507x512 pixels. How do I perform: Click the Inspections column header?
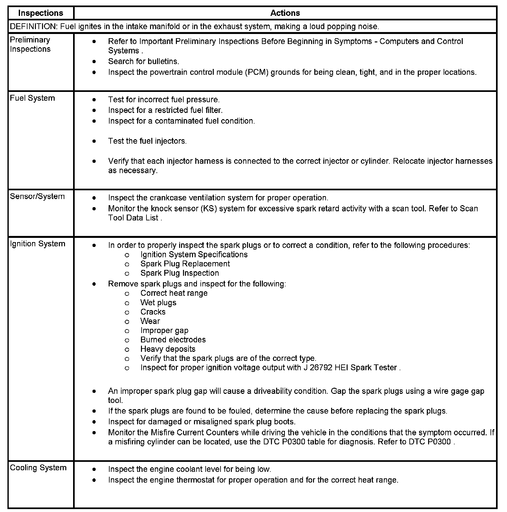[x=40, y=13]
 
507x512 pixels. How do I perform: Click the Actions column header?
[x=285, y=13]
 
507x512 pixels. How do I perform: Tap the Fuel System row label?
[x=32, y=98]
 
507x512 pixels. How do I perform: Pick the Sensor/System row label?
[x=37, y=196]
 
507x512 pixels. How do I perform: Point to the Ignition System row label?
[x=38, y=244]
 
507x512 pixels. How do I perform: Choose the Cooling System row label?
[x=38, y=468]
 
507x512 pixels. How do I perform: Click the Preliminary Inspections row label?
[x=30, y=44]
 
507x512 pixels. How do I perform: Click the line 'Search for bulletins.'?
[x=144, y=61]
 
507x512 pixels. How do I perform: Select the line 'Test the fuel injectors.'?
[x=147, y=141]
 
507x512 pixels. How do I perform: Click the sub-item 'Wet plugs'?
[x=158, y=303]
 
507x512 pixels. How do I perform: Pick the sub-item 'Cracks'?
[x=153, y=312]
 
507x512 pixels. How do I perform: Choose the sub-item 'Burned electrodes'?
[x=173, y=340]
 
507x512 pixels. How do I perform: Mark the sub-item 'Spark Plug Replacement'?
[x=185, y=264]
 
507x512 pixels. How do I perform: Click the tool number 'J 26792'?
[x=318, y=368]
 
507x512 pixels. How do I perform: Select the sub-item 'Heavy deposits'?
[x=168, y=349]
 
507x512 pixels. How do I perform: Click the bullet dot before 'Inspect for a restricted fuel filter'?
[x=94, y=110]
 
